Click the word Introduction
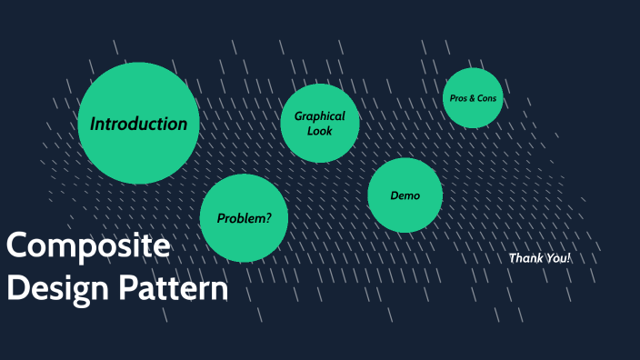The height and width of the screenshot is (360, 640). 138,124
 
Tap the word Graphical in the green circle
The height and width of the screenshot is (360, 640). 320,116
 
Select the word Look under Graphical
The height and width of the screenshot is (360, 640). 320,131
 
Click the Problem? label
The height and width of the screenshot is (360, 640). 244,218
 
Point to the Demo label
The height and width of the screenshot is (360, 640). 405,195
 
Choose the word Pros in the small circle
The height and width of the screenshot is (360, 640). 459,97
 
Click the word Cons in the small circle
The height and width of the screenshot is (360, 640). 488,97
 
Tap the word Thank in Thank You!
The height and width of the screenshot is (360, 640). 525,258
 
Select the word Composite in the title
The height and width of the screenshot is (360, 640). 87,247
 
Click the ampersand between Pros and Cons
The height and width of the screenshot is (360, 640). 473,97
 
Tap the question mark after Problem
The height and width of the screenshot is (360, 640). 267,218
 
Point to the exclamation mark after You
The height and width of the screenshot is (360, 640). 569,258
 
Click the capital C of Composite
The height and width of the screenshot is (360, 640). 18,246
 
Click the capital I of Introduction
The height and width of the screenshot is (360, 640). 93,124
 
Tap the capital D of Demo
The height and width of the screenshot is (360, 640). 394,195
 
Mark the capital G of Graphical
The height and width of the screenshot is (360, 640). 298,116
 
